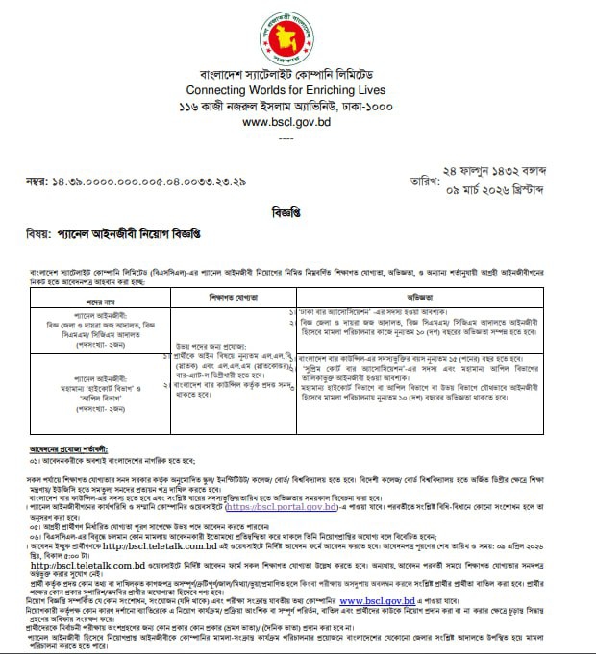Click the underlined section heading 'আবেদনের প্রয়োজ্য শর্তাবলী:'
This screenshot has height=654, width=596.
click(67, 448)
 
